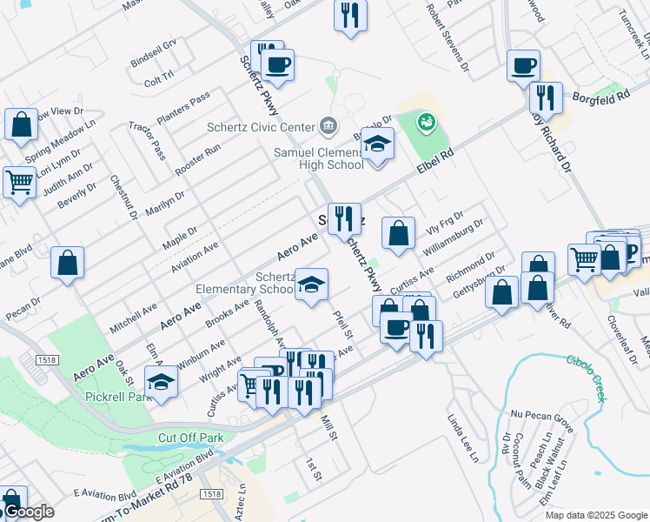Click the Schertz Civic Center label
[260, 126]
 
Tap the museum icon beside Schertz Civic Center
[328, 126]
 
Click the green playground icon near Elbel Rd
[426, 122]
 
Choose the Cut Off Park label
[190, 438]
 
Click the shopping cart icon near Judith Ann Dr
[18, 182]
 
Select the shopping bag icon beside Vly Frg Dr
[398, 232]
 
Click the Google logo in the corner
[29, 512]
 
